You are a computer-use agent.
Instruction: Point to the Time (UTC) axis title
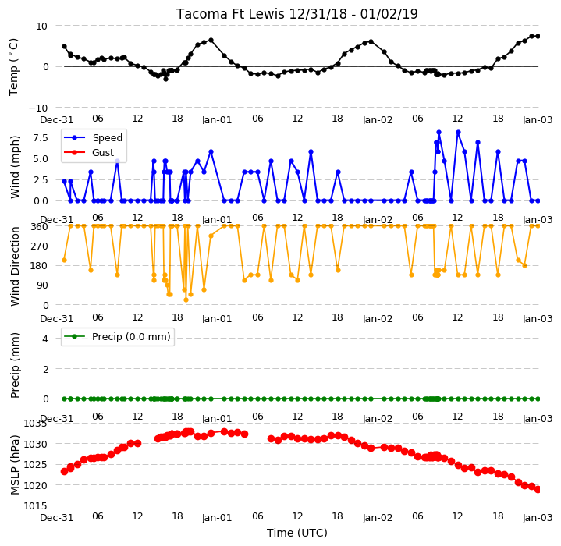297,533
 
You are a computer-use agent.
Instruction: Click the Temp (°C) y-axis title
13,67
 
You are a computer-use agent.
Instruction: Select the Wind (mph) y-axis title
15,167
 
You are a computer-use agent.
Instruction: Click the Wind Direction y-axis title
15,267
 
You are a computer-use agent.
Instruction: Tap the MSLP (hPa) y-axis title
15,465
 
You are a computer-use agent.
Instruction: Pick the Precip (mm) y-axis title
15,366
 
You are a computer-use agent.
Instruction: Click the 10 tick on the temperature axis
41,26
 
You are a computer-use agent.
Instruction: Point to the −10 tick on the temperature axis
38,108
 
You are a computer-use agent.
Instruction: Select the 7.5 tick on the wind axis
41,137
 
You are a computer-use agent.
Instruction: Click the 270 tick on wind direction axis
41,246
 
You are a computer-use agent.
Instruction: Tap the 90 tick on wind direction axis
43,285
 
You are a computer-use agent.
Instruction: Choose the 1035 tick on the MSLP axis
35,424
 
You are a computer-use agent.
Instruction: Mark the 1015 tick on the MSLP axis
35,506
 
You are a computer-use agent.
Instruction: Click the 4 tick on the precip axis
45,339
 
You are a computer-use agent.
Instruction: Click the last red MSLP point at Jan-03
538,490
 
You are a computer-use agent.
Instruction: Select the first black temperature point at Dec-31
65,47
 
